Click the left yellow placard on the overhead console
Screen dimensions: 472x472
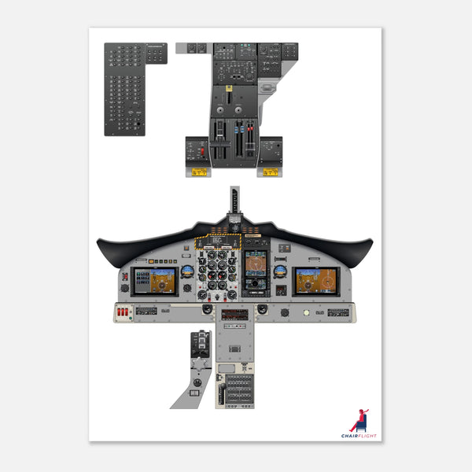point(197,171)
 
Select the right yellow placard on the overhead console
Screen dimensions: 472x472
point(269,171)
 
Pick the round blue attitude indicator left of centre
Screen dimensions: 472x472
point(188,271)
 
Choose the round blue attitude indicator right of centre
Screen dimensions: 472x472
point(279,271)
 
